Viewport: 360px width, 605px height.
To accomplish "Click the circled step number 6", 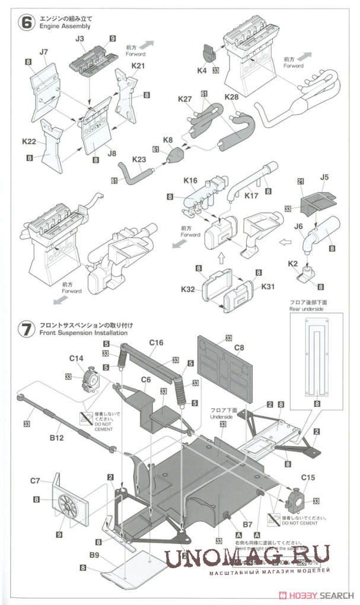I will pyautogui.click(x=26, y=22).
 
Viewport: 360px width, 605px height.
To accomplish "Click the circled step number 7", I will pyautogui.click(x=26, y=330).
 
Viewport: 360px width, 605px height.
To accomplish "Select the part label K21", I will pyautogui.click(x=138, y=66).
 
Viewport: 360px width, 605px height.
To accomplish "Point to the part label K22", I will pyautogui.click(x=29, y=142).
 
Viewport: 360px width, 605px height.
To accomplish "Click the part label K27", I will pyautogui.click(x=184, y=99).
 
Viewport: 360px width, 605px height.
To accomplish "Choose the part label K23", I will pyautogui.click(x=139, y=160).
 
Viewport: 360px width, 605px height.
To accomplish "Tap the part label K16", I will pyautogui.click(x=190, y=180).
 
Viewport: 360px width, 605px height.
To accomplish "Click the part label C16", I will pyautogui.click(x=156, y=342).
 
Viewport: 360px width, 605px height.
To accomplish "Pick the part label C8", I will pyautogui.click(x=239, y=347).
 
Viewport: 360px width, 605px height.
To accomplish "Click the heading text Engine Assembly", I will pyautogui.click(x=65, y=27).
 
